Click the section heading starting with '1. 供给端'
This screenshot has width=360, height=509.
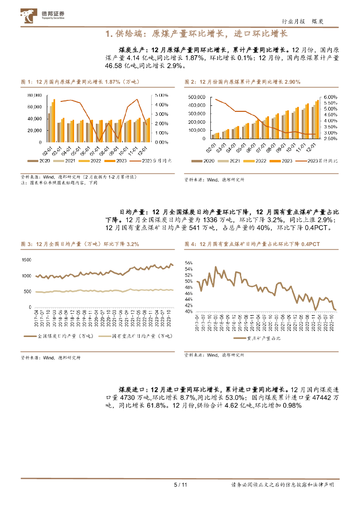pos(197,34)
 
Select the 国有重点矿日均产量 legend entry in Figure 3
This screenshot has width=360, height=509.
pos(141,336)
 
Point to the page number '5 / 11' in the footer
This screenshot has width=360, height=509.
pos(180,485)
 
